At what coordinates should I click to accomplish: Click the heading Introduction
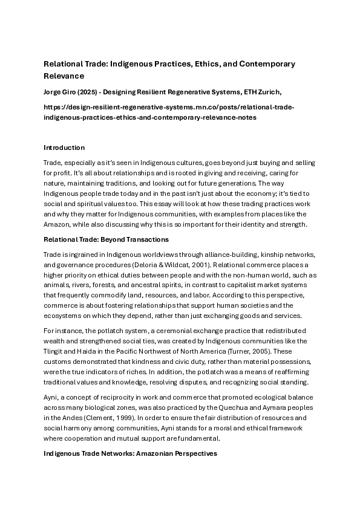(x=64, y=148)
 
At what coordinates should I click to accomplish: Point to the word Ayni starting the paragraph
(x=51, y=398)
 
